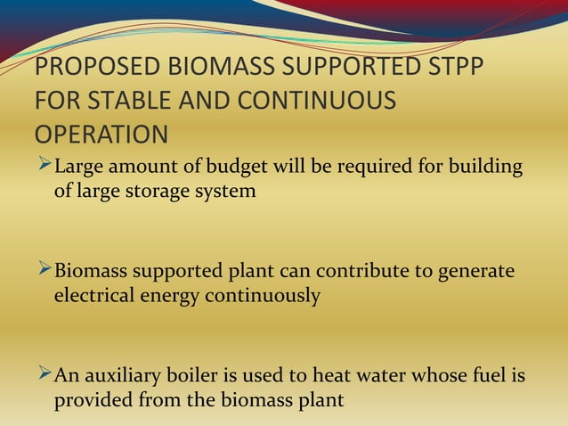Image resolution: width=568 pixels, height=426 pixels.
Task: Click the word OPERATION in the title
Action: (x=101, y=134)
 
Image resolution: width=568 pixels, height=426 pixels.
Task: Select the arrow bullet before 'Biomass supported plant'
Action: (x=44, y=270)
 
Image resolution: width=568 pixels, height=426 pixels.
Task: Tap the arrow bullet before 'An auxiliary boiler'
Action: (x=44, y=375)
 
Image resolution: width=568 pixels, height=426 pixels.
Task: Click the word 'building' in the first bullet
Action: (x=489, y=167)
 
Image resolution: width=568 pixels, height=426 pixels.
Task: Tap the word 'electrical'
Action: (x=94, y=295)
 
